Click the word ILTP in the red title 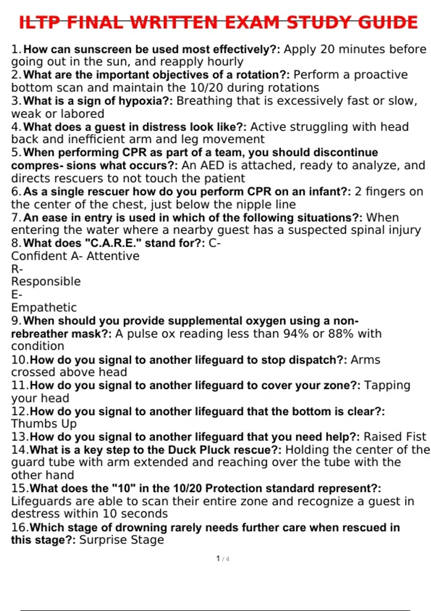[x=40, y=22]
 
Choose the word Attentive [x=113, y=256]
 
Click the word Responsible [x=46, y=281]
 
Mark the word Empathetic [x=44, y=308]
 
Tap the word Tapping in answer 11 [x=387, y=386]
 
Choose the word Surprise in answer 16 [x=103, y=540]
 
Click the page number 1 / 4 [x=223, y=559]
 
